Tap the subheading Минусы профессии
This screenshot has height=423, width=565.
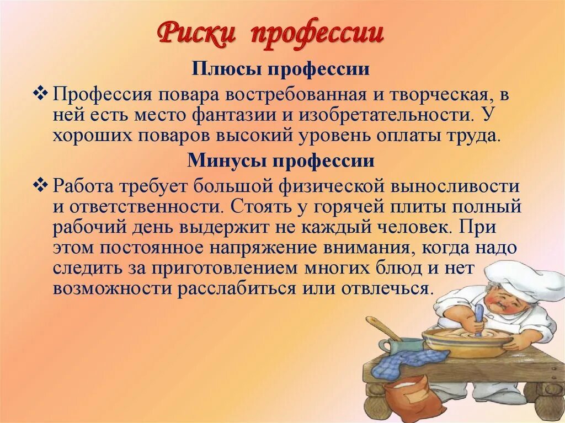pyautogui.click(x=281, y=161)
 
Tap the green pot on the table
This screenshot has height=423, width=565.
pyautogui.click(x=402, y=346)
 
